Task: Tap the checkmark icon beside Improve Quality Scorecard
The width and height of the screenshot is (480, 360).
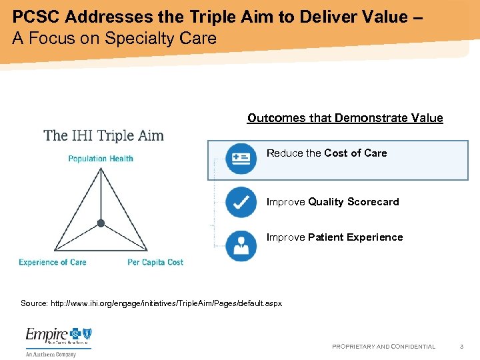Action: tap(241, 202)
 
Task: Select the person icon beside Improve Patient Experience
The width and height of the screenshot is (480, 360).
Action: tap(241, 245)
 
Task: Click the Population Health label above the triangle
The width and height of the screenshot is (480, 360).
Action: tap(101, 159)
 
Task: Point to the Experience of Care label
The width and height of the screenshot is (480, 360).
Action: tap(53, 263)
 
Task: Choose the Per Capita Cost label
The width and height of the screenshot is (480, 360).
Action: tap(155, 263)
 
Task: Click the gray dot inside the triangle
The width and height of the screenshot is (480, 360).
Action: tap(101, 223)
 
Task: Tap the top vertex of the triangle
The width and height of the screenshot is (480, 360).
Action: tap(101, 169)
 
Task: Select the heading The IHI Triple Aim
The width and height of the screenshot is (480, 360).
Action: tap(103, 136)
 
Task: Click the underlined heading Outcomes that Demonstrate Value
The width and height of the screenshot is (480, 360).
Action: tap(345, 118)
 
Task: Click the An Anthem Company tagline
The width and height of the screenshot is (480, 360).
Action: tap(51, 354)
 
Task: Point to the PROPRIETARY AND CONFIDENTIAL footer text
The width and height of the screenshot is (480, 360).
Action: tap(383, 347)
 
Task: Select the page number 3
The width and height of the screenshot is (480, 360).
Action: tap(461, 347)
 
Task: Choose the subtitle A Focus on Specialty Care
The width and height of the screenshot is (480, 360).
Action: tap(114, 38)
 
